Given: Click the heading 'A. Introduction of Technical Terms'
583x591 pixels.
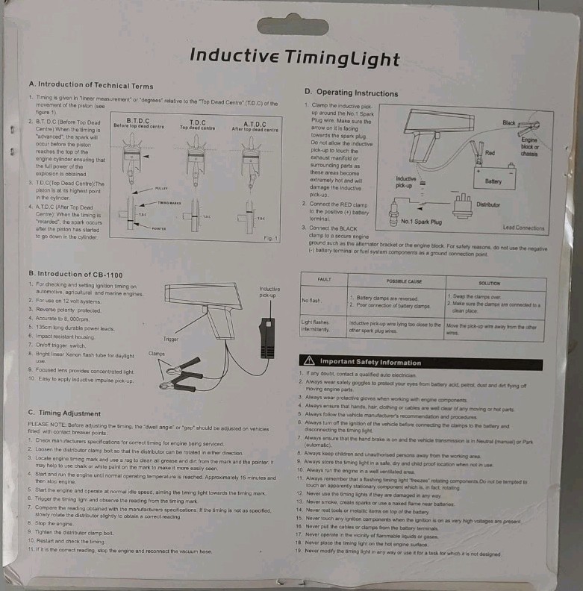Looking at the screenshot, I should click(90, 86).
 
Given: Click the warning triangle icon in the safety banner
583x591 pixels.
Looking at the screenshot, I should click(308, 361).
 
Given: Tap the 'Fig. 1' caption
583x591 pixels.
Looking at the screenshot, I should click(269, 237).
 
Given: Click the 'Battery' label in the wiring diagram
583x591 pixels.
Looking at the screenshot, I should click(493, 181).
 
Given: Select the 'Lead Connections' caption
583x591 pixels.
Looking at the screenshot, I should click(523, 227).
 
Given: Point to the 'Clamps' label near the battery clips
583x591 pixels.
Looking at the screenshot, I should click(156, 353).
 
